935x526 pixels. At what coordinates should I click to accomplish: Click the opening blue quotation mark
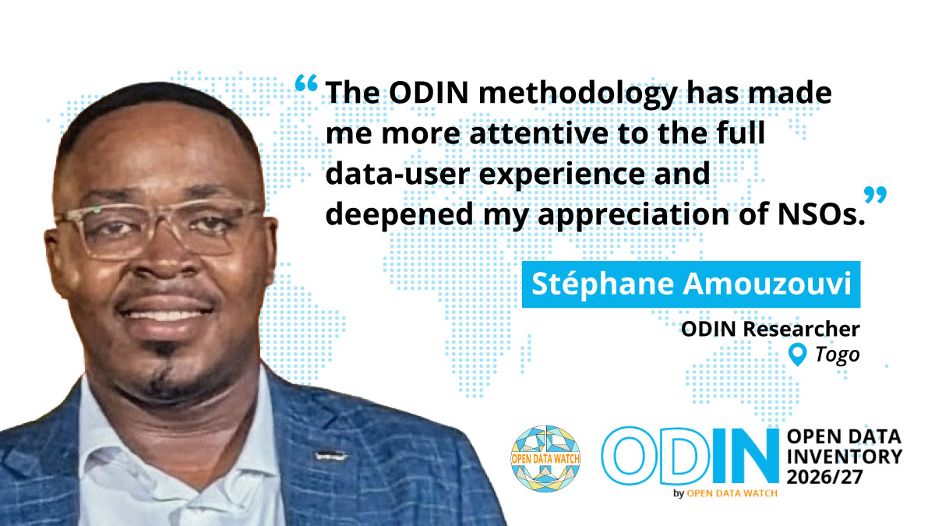click(x=306, y=83)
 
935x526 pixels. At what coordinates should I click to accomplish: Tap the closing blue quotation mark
click(x=875, y=195)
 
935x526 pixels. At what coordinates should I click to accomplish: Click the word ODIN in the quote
click(x=429, y=92)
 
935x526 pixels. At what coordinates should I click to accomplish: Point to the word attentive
click(x=539, y=133)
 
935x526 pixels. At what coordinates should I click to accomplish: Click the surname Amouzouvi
click(x=767, y=284)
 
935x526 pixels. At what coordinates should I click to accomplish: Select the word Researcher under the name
click(x=802, y=329)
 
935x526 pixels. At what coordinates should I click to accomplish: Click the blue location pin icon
click(x=797, y=355)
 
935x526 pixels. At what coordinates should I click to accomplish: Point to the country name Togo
click(x=838, y=355)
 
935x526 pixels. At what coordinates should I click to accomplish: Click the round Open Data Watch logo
click(x=545, y=459)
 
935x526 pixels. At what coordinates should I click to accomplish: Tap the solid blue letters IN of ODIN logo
click(x=746, y=455)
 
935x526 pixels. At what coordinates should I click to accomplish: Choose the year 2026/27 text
click(x=824, y=477)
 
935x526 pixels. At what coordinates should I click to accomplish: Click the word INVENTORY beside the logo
click(x=845, y=457)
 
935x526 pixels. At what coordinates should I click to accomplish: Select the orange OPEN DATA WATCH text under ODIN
click(x=732, y=493)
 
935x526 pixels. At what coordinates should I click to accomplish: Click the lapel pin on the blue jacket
click(x=331, y=455)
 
